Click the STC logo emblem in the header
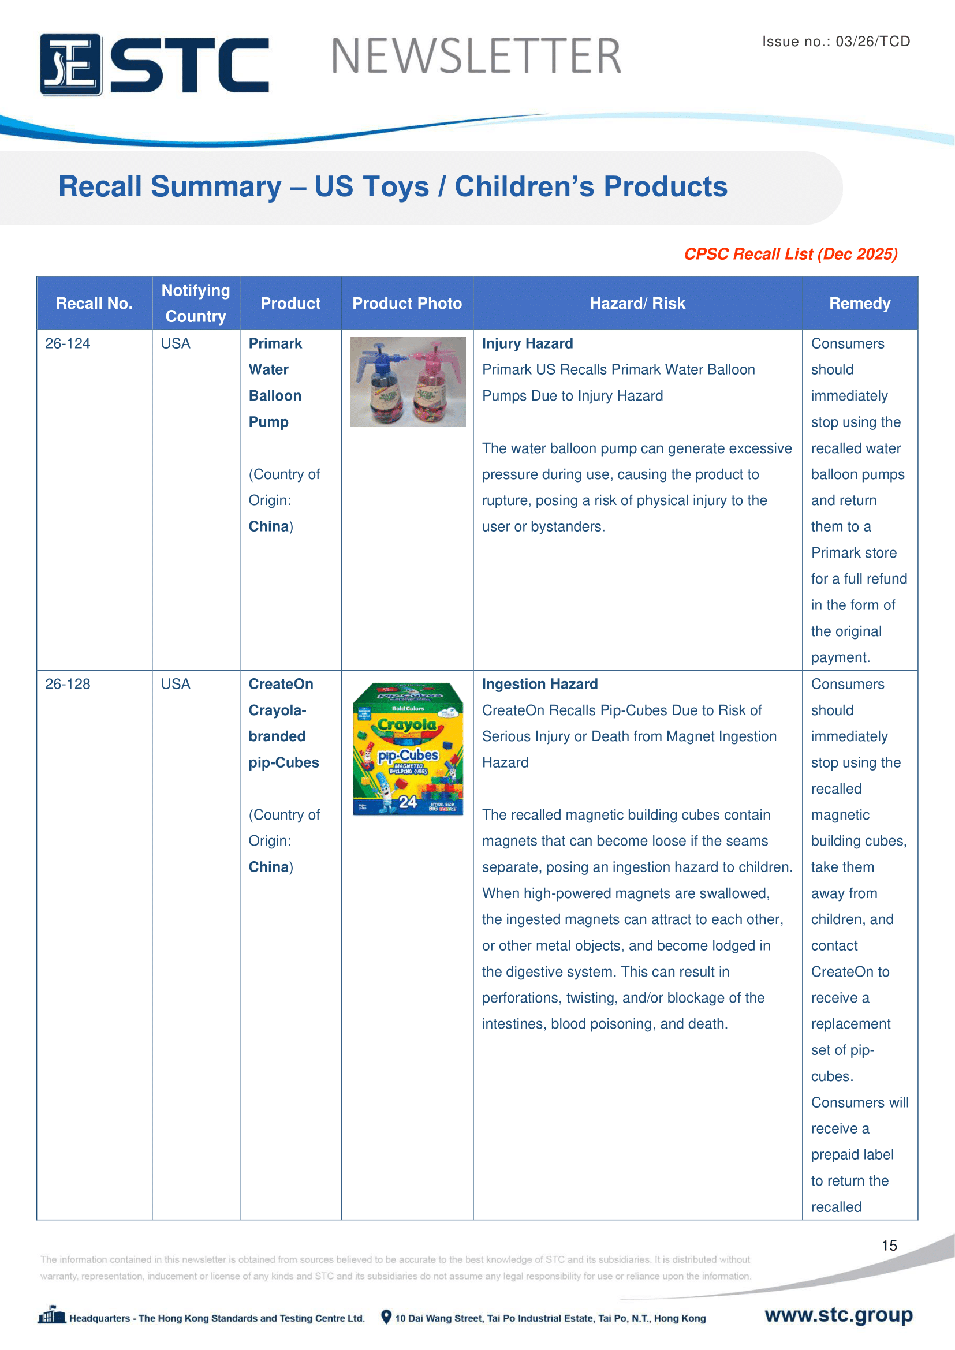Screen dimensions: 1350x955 pyautogui.click(x=70, y=65)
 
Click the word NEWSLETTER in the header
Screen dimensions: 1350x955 pyautogui.click(x=476, y=57)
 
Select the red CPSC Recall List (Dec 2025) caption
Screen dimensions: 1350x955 pyautogui.click(x=790, y=254)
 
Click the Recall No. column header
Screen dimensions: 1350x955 pyautogui.click(x=94, y=304)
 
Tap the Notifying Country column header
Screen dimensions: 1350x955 pyautogui.click(x=196, y=304)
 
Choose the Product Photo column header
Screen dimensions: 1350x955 pyautogui.click(x=407, y=304)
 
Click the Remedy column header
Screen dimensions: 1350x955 pyautogui.click(x=859, y=304)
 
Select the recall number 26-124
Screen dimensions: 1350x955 pyautogui.click(x=68, y=344)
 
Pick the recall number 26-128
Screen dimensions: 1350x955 pyautogui.click(x=68, y=685)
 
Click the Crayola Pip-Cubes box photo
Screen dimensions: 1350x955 pyautogui.click(x=408, y=749)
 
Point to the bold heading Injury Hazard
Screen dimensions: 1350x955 pyautogui.click(x=527, y=344)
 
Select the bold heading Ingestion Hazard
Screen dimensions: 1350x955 pyautogui.click(x=539, y=685)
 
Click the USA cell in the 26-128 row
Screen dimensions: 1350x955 pyautogui.click(x=176, y=685)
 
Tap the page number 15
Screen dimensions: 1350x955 pyautogui.click(x=889, y=1246)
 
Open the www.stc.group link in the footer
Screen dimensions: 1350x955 pyautogui.click(x=838, y=1315)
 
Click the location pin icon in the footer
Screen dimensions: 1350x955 pyautogui.click(x=386, y=1317)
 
